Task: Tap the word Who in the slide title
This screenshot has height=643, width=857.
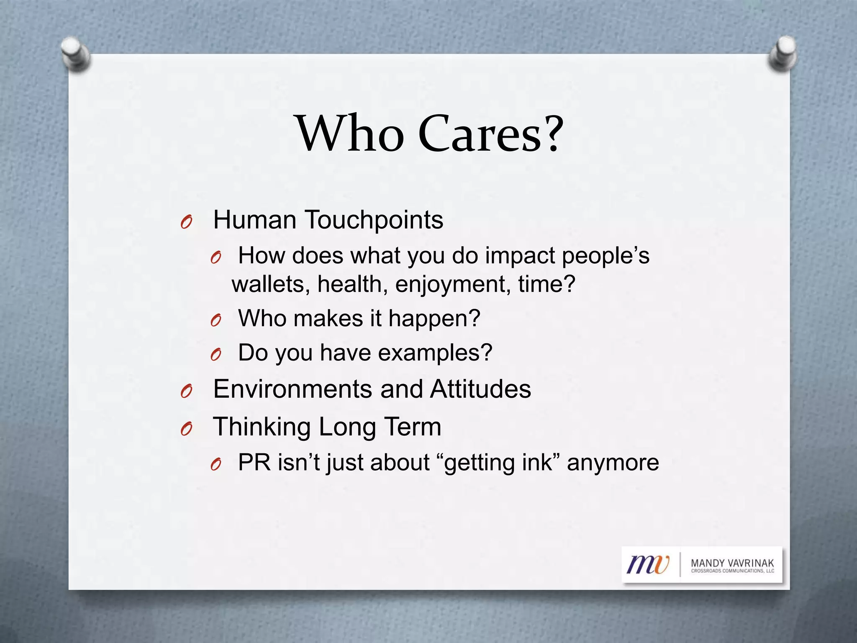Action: (351, 134)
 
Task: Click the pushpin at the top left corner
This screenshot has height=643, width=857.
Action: (75, 54)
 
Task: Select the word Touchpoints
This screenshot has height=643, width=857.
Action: (373, 220)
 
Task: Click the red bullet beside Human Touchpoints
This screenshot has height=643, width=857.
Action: (186, 222)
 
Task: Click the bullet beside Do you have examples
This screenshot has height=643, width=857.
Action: (216, 355)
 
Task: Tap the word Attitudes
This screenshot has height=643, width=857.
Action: (480, 389)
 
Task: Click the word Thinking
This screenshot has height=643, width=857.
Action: (262, 427)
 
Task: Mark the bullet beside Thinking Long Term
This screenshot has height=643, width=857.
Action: (186, 429)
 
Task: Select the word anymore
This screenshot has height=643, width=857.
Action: (613, 463)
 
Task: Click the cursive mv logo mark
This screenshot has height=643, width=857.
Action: (648, 564)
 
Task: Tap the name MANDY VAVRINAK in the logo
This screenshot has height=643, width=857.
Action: (732, 563)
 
